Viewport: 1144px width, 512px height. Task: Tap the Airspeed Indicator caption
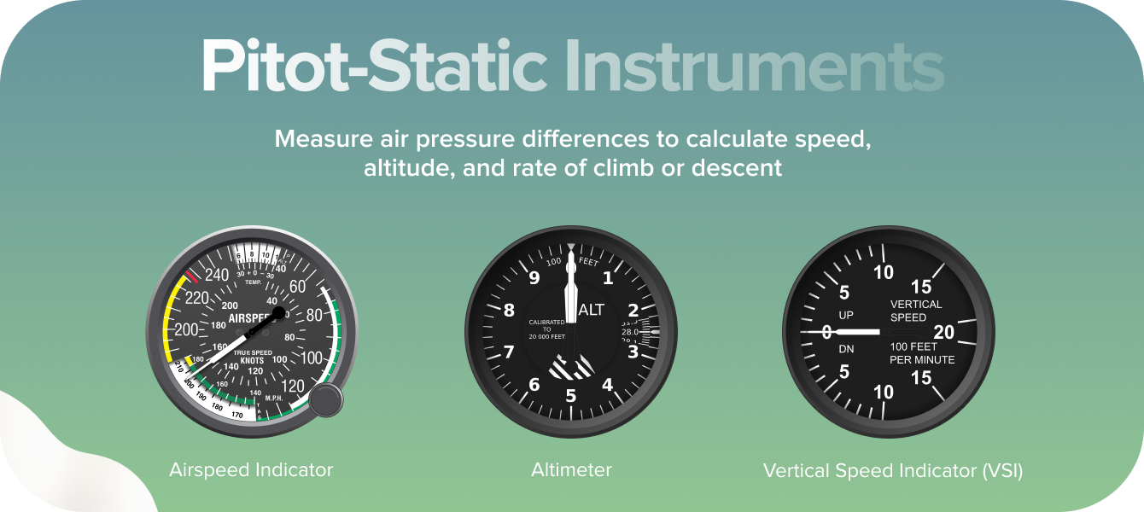(x=251, y=470)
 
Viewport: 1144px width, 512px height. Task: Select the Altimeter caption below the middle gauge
(x=571, y=470)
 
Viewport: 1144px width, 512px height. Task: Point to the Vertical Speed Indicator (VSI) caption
(x=892, y=470)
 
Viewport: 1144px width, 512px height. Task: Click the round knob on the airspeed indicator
(x=325, y=400)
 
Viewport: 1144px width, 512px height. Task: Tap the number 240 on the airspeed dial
(x=218, y=275)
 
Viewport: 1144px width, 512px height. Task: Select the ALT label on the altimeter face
(x=591, y=310)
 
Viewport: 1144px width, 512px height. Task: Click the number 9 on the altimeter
(x=534, y=277)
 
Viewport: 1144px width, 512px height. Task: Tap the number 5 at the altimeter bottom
(x=571, y=396)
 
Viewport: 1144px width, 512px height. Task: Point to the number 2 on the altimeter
(x=633, y=311)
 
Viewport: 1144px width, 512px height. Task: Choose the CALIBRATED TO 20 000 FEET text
(x=546, y=329)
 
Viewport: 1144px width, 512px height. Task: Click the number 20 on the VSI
(x=944, y=331)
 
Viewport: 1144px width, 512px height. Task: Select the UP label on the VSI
(x=846, y=316)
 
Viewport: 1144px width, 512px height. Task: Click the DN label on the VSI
(x=846, y=349)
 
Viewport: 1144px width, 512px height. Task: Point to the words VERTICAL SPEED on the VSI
(x=915, y=311)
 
